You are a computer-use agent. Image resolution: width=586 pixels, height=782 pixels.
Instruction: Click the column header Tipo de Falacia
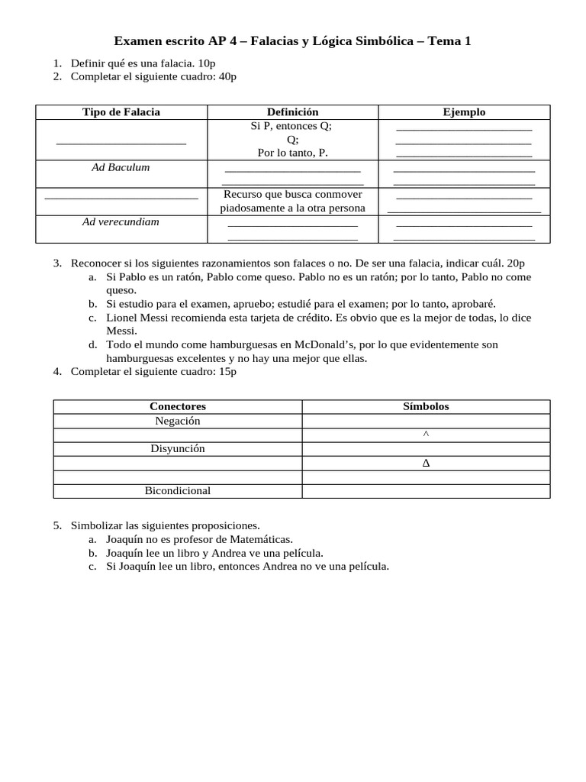coord(121,112)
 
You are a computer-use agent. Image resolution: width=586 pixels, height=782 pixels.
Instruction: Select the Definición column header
coord(292,112)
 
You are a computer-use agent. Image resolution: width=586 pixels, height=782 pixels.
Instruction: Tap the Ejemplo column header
coord(464,112)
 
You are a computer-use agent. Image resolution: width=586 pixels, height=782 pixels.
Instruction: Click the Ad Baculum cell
coord(121,167)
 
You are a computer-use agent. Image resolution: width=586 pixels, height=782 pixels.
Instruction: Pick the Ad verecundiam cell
coord(121,222)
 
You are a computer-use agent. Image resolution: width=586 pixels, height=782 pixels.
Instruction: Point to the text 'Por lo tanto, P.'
coord(292,153)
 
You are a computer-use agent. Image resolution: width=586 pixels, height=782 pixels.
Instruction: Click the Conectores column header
coord(178,406)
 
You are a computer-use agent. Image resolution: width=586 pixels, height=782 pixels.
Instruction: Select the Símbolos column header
coord(426,406)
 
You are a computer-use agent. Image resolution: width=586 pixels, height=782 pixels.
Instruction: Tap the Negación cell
coord(178,421)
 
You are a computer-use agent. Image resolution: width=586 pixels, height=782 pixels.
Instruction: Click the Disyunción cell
coord(178,449)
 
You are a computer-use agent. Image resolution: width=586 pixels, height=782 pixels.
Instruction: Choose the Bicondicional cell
coord(178,491)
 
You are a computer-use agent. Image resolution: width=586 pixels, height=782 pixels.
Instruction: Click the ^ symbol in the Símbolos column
coord(426,435)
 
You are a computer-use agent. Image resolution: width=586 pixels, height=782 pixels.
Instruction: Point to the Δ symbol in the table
coord(426,464)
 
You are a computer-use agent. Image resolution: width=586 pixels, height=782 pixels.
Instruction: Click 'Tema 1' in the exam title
coord(449,40)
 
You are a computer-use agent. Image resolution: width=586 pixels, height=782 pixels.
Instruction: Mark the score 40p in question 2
coord(227,76)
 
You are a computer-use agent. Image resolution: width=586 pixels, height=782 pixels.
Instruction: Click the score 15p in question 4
coord(227,371)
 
